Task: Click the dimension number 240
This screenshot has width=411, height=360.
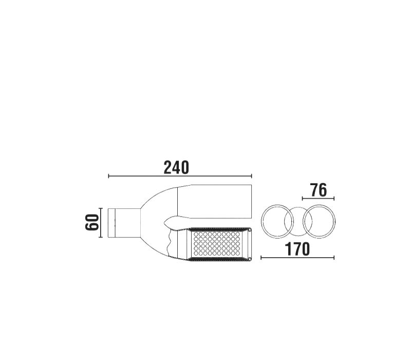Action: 176,168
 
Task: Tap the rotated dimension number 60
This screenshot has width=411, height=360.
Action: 92,222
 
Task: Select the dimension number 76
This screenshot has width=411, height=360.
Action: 319,190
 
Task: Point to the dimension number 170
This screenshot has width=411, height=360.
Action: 297,249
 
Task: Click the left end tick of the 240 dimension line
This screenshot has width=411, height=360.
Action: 108,176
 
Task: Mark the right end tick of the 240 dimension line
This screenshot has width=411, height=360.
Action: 252,176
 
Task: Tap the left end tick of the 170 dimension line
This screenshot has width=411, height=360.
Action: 261,258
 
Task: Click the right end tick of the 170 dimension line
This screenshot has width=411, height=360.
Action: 334,258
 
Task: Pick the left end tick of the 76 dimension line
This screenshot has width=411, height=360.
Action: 303,199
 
